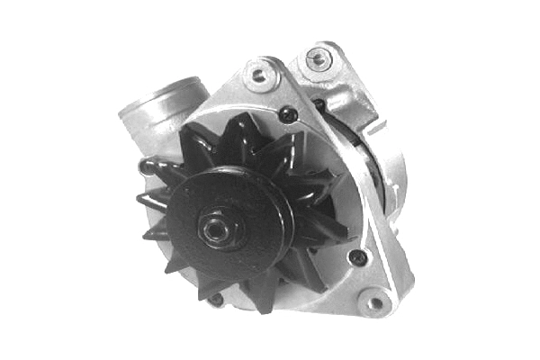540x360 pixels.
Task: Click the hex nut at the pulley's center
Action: [215, 229]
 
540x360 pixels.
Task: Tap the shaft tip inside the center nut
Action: [214, 229]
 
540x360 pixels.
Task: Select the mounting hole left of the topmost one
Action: [259, 75]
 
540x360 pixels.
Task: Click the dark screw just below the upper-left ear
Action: [287, 113]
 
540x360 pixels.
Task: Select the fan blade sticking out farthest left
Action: [142, 199]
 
